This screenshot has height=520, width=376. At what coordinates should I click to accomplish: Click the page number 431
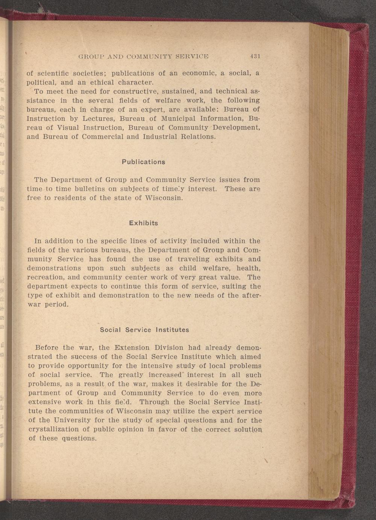click(255, 57)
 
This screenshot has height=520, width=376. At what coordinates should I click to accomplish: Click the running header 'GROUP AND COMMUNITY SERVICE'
click(143, 57)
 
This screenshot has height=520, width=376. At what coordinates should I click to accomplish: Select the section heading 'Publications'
click(144, 162)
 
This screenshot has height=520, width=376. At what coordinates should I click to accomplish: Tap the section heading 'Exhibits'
click(144, 223)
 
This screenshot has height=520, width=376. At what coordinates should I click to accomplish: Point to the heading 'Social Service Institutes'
click(144, 330)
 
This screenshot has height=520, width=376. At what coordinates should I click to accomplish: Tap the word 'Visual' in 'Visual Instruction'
click(68, 127)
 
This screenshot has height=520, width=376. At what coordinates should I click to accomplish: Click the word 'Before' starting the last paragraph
click(47, 347)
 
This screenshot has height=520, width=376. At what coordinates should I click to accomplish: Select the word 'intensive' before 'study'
click(158, 366)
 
